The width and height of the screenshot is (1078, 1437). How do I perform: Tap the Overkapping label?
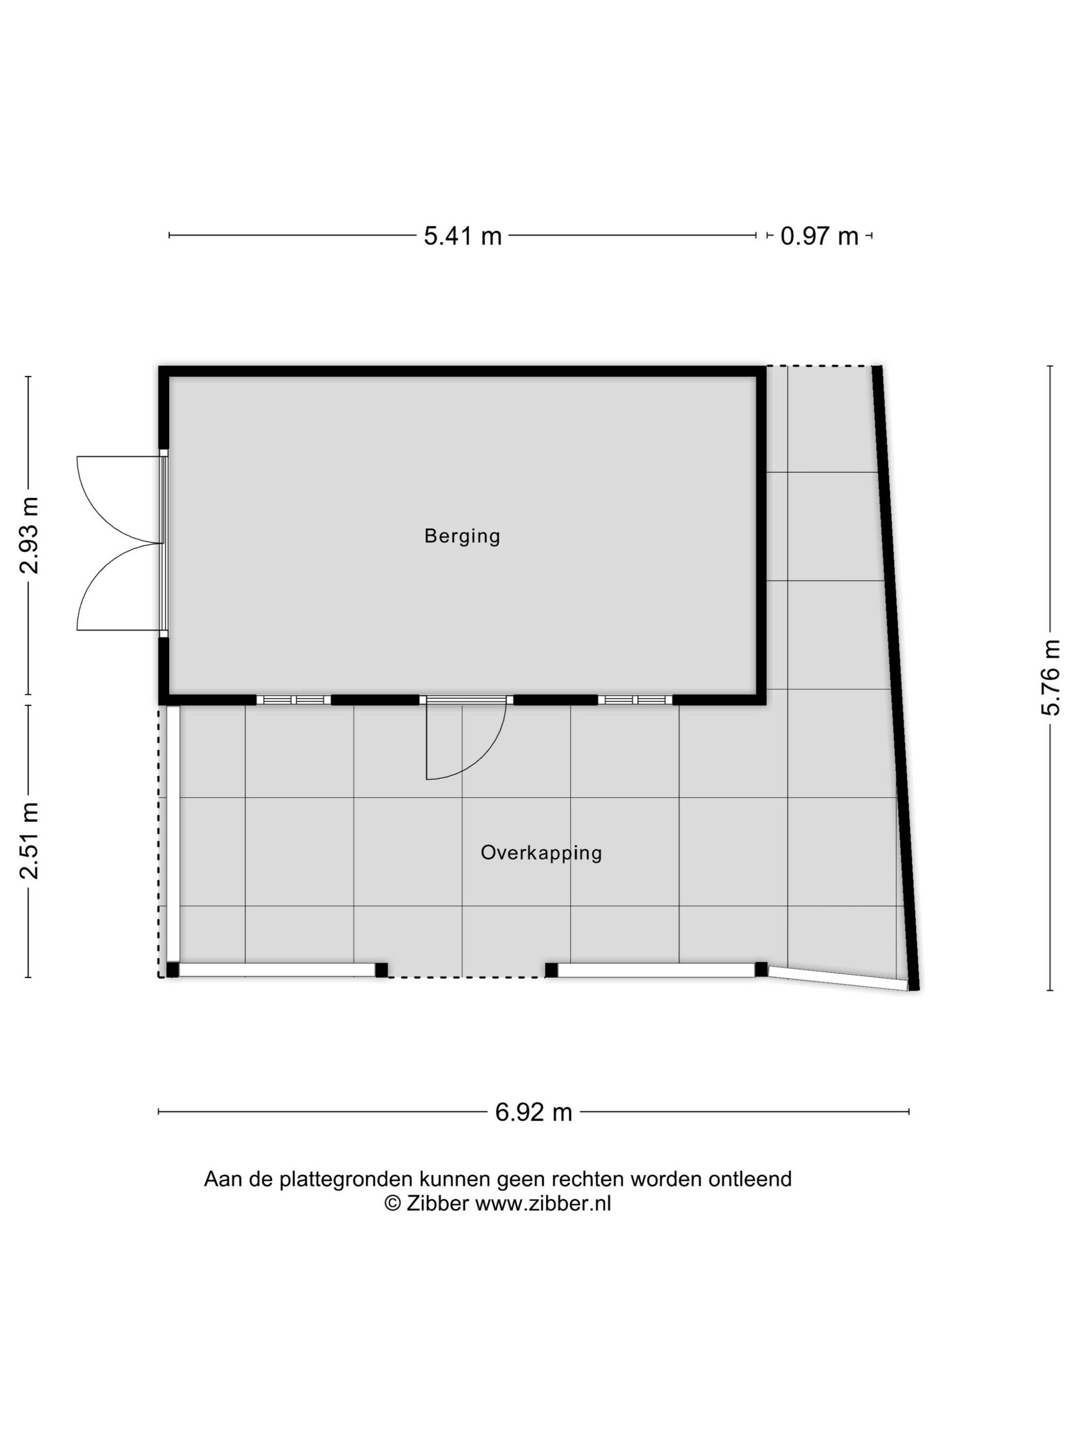pos(541,853)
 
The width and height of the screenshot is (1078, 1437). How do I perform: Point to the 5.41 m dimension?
pos(463,236)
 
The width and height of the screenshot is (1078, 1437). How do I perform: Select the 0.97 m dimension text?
pos(819,236)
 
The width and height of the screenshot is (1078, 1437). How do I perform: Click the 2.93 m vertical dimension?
pos(29,535)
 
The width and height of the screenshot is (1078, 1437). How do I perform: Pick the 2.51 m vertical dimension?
pos(29,841)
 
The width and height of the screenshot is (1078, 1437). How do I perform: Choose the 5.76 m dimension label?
pos(1050,677)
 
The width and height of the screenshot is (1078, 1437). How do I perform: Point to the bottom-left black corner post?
pos(172,970)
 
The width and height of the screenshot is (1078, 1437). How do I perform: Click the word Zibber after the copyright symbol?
pos(437,1204)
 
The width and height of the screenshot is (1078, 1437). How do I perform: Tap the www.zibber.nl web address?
pos(543,1204)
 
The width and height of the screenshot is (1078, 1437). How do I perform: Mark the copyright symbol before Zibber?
pos(393,1204)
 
